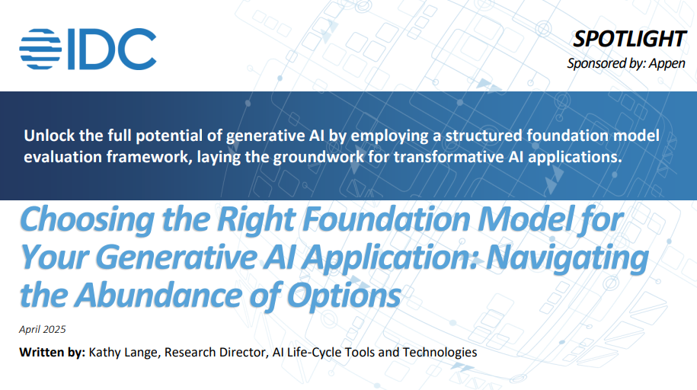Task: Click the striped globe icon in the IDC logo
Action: [x=40, y=49]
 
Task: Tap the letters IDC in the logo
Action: [x=112, y=49]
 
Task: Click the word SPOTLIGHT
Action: [x=629, y=39]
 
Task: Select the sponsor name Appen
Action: [x=667, y=63]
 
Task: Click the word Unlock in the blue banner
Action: [x=50, y=135]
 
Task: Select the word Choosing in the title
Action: [x=88, y=220]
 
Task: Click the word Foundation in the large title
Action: [x=387, y=219]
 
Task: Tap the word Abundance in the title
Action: [x=158, y=296]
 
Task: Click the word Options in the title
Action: [x=344, y=296]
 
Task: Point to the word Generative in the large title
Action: [x=177, y=257]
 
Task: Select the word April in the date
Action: [x=30, y=330]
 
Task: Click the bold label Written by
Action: [x=52, y=352]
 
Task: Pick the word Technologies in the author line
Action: [x=440, y=353]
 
